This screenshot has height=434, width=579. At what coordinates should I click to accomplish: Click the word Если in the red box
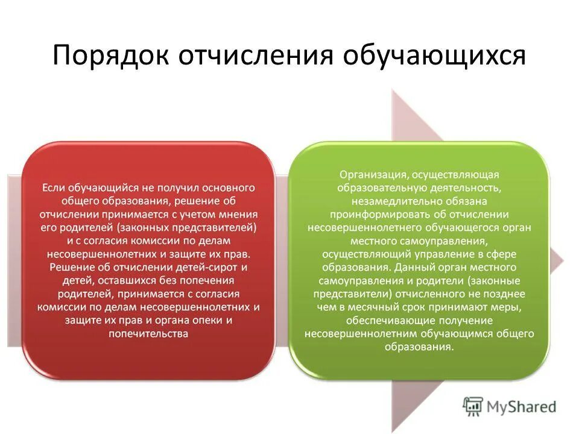(x=54, y=188)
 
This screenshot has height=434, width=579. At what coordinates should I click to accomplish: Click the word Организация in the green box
(x=373, y=175)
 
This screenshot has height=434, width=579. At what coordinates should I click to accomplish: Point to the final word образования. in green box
(x=419, y=347)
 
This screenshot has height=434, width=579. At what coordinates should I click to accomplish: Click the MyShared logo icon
(x=474, y=407)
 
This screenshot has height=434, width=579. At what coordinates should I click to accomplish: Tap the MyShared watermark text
(x=522, y=407)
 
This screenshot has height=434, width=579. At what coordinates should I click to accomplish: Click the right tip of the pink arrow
(x=564, y=260)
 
